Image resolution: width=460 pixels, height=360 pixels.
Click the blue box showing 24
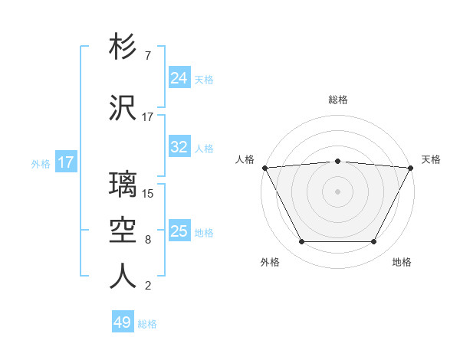[x=179, y=78]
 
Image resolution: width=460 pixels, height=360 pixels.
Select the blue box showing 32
[x=179, y=147]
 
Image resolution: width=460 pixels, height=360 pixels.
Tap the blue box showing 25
[x=179, y=231]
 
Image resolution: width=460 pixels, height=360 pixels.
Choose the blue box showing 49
[x=122, y=322]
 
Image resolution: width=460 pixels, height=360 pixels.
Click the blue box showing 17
[x=65, y=162]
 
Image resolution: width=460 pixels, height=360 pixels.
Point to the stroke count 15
[x=149, y=194]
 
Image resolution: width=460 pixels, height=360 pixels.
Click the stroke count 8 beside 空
[x=148, y=241]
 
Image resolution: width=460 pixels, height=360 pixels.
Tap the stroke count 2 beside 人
[x=148, y=286]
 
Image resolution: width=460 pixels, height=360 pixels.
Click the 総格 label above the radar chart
[x=337, y=100]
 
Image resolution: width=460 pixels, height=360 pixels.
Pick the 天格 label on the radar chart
[x=431, y=159]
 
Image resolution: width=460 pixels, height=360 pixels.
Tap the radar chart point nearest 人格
[x=264, y=167]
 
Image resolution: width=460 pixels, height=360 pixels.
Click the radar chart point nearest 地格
[x=374, y=242]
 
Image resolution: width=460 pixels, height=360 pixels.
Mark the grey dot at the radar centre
[x=337, y=191]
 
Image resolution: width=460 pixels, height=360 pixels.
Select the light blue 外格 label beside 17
[x=41, y=163]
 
